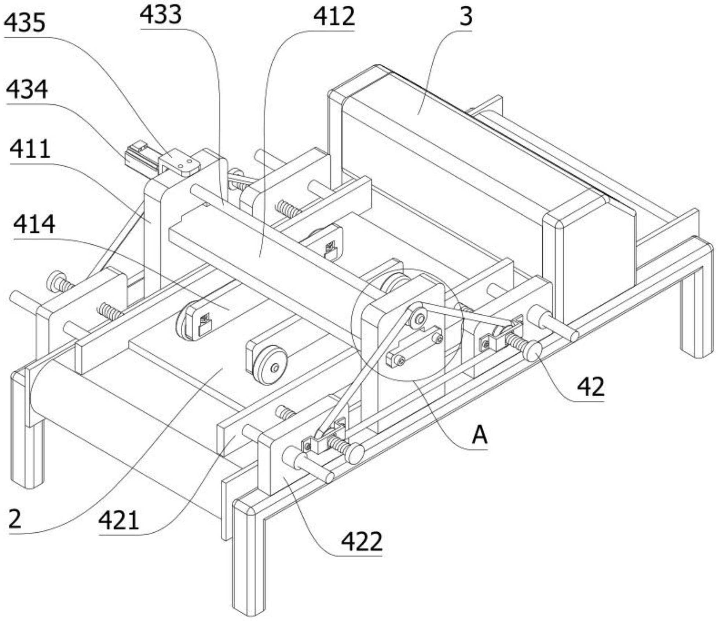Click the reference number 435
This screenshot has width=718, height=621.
tap(25, 23)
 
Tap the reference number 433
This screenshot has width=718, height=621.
tap(161, 15)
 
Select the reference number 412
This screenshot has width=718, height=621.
tap(334, 17)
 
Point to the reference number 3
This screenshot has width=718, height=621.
tap(466, 17)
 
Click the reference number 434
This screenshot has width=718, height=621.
tap(27, 89)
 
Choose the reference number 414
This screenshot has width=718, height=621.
tap(34, 224)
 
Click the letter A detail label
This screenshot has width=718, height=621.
tap(480, 435)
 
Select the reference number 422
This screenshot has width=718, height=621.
tap(362, 541)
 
